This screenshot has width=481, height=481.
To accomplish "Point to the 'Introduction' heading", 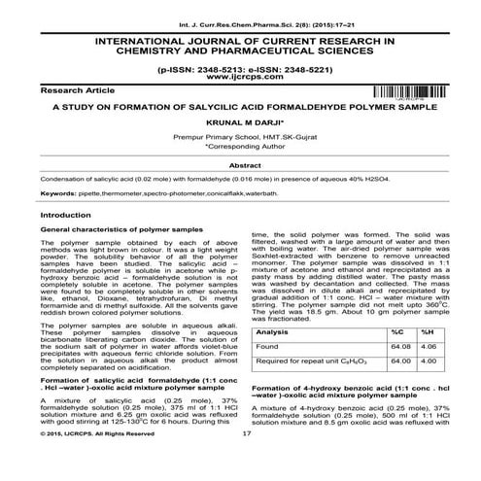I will click(59, 214).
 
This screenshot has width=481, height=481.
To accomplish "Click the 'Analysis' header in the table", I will click(274, 332).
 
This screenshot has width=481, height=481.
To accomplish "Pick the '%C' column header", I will click(395, 332).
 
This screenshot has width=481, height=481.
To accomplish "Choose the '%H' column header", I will click(425, 332).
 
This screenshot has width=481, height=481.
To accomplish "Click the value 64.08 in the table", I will click(396, 346).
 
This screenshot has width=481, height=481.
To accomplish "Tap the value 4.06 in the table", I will click(426, 346).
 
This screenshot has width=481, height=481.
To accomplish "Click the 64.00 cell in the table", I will click(396, 362).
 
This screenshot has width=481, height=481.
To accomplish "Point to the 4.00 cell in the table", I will click(426, 362).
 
